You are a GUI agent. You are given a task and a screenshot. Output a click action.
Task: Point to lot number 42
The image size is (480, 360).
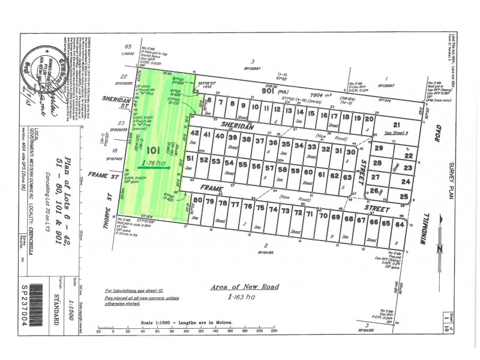click(194, 135)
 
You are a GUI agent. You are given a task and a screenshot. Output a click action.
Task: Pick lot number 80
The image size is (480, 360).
click(199, 201)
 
